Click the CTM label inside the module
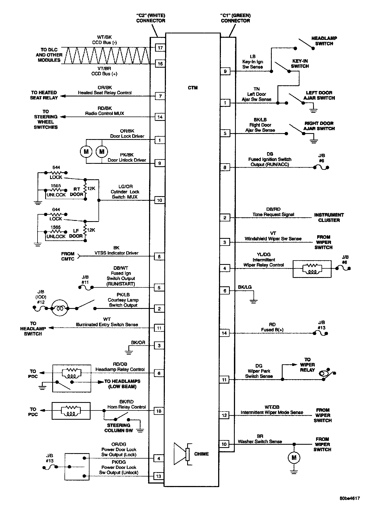click(x=193, y=88)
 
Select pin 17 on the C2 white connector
click(x=160, y=48)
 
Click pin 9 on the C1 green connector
click(x=225, y=71)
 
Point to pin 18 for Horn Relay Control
click(x=159, y=411)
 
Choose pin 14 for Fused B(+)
click(x=224, y=333)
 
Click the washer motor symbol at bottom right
click(x=294, y=457)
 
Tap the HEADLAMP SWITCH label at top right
click(x=324, y=41)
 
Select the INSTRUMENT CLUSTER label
click(x=329, y=217)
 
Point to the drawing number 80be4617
click(x=350, y=498)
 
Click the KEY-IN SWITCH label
click(x=300, y=64)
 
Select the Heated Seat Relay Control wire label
click(x=105, y=93)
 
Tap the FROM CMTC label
click(x=68, y=256)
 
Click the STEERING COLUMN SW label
click(x=119, y=428)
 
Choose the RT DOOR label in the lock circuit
click(x=77, y=192)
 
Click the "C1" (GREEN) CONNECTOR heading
click(x=235, y=18)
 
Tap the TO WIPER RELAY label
click(x=307, y=365)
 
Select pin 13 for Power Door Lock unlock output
click(x=159, y=476)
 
